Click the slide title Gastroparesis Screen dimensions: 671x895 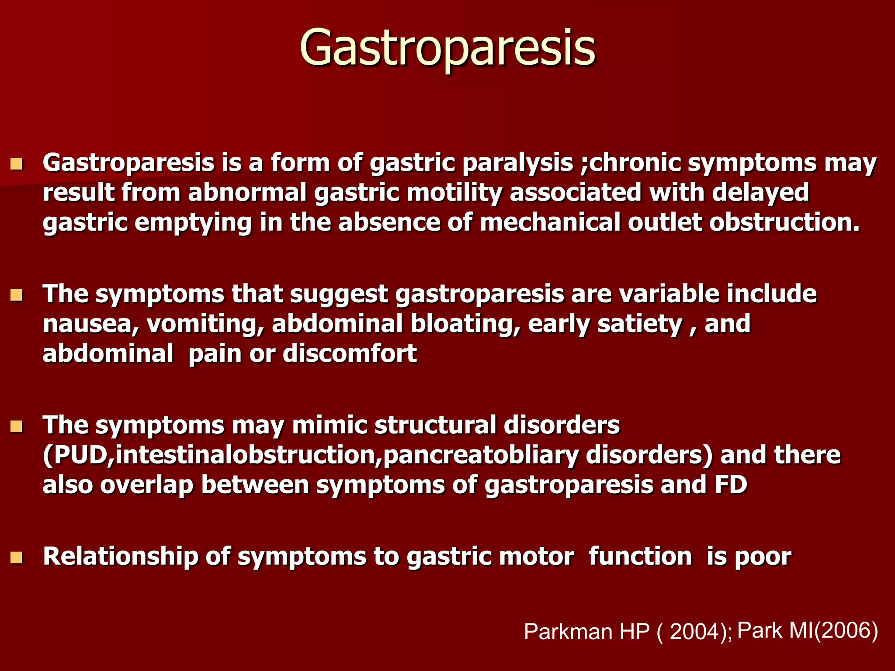(447, 48)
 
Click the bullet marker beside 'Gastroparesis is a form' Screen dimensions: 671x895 (17, 164)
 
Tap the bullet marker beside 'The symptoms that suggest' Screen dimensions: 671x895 (17, 296)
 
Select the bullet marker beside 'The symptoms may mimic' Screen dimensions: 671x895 (17, 427)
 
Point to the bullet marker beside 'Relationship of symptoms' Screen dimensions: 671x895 (17, 558)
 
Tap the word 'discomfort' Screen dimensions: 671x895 (350, 354)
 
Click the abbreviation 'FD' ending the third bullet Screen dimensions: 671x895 (731, 485)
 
